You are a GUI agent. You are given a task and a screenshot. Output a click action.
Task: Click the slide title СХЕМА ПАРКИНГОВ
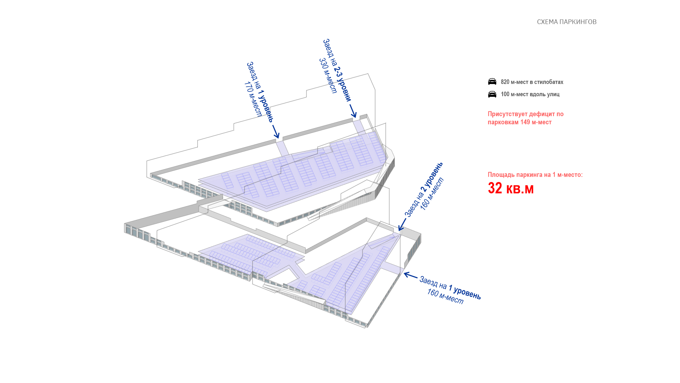pyautogui.click(x=567, y=22)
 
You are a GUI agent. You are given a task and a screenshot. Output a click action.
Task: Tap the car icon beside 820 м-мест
pyautogui.click(x=492, y=82)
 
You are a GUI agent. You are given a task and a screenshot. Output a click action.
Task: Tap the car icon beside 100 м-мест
pyautogui.click(x=492, y=94)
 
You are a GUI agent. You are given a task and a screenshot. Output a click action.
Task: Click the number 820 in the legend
pyautogui.click(x=505, y=82)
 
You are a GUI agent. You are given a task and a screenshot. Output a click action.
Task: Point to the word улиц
pyautogui.click(x=553, y=94)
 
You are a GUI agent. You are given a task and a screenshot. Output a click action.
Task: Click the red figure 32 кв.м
pyautogui.click(x=510, y=188)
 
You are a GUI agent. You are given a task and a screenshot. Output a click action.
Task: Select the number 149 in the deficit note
pyautogui.click(x=525, y=122)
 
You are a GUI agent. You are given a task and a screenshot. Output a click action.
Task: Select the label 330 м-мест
pyautogui.click(x=328, y=76)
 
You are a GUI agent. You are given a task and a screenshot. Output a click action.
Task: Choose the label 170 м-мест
pyautogui.click(x=253, y=99)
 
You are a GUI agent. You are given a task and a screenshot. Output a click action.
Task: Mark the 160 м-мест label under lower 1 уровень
pyautogui.click(x=445, y=296)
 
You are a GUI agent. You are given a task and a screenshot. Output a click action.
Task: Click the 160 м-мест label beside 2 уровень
pyautogui.click(x=432, y=194)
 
